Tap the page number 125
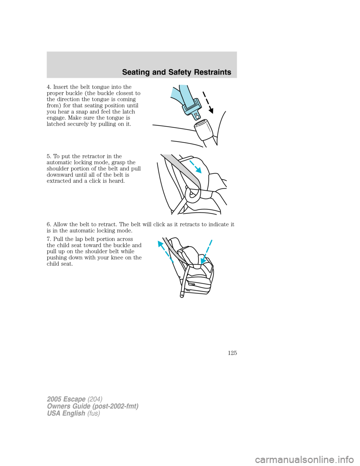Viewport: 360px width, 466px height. click(232, 353)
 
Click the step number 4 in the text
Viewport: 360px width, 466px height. click(48, 87)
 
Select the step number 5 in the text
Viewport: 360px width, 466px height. click(48, 156)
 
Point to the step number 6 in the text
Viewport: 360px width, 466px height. click(48, 224)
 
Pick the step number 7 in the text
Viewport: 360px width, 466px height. click(48, 239)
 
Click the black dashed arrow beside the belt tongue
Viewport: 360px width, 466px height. click(207, 102)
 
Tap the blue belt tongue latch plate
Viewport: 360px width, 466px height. click(191, 107)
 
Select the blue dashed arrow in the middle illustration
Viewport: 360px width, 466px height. click(195, 167)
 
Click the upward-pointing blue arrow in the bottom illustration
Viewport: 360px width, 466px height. click(165, 251)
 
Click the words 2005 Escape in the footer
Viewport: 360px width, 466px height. click(66, 399)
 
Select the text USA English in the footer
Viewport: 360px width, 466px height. click(66, 413)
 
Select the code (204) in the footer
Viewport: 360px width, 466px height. click(95, 399)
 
